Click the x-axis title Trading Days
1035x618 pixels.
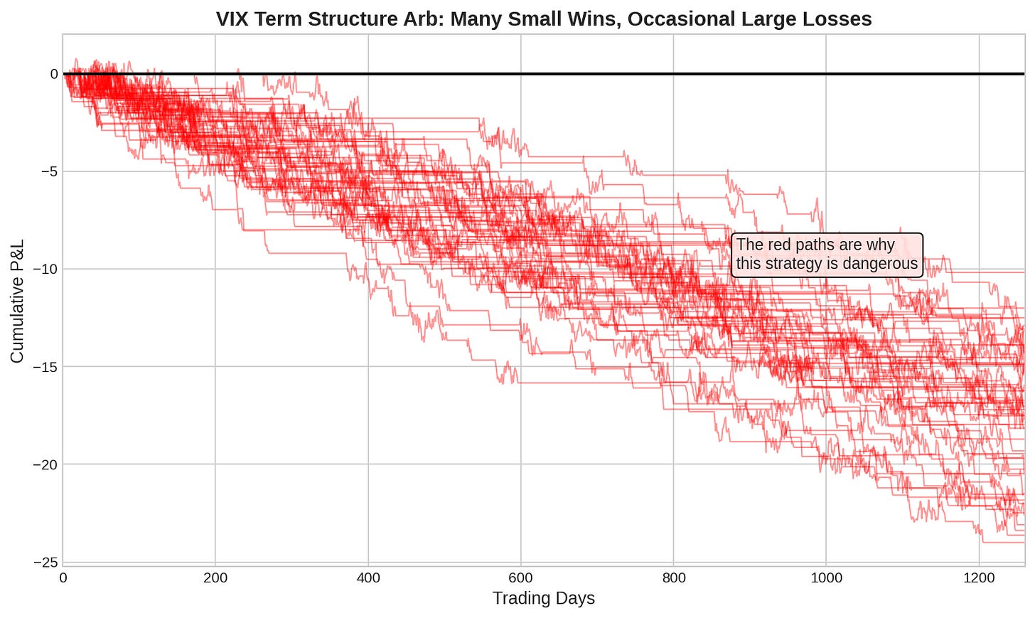point(543,598)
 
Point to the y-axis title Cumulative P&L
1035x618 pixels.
point(16,301)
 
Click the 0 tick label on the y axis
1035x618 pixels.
point(54,74)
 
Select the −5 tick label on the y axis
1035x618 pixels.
point(50,172)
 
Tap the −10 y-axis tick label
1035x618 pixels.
point(45,270)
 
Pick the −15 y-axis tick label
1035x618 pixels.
point(45,367)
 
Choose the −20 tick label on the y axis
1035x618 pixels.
point(45,464)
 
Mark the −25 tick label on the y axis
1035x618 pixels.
point(45,563)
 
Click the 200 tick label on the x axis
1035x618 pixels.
point(215,577)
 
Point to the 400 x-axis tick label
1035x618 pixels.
point(368,577)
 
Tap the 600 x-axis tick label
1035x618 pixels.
point(521,577)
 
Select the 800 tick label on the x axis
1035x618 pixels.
point(674,577)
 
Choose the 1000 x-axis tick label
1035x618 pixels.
point(826,577)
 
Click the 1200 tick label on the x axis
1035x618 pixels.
point(979,577)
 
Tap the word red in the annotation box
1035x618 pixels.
point(781,245)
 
